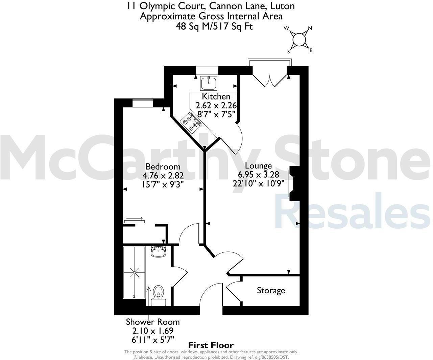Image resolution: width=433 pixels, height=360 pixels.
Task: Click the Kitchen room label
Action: [216, 97]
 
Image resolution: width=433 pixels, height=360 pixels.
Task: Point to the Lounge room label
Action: [259, 166]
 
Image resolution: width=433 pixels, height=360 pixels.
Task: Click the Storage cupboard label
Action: [271, 290]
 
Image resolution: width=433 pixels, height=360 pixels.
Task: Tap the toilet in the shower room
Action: [158, 293]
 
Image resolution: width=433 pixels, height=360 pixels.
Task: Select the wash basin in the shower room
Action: [158, 252]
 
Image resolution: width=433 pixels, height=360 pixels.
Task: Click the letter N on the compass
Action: [310, 28]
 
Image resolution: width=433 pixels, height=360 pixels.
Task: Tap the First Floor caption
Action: [211, 345]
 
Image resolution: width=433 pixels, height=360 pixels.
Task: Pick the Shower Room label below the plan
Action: [153, 322]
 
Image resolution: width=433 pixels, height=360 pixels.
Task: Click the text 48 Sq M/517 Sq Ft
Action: [214, 26]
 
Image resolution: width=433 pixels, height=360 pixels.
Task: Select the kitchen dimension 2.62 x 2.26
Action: [216, 105]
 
